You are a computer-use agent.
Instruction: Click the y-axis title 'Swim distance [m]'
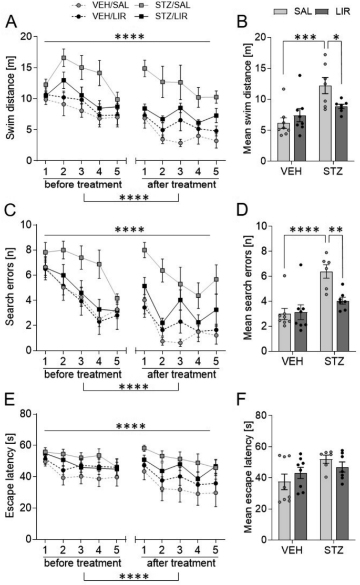pyautogui.click(x=11, y=98)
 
